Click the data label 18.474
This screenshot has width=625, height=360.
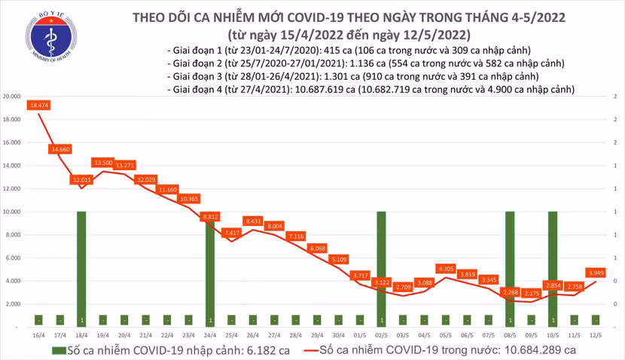click(38, 105)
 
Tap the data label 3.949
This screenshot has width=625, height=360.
click(595, 273)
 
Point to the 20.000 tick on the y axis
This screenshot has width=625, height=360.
click(11, 97)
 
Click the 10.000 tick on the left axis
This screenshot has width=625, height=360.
click(11, 212)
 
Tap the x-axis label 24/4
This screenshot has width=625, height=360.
click(210, 333)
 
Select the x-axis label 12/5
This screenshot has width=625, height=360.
click(595, 333)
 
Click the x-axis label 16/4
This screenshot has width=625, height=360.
click(38, 333)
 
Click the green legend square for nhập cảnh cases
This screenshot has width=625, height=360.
click(57, 349)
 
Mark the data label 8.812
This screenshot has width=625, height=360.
click(210, 216)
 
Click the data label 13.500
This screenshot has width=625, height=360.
click(102, 163)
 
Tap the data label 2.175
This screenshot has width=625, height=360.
click(531, 293)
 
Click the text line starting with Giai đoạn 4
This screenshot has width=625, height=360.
click(371, 89)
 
